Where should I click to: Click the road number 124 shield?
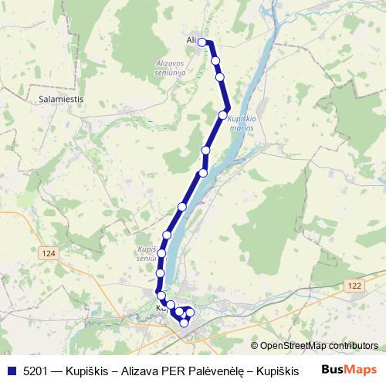[50, 252]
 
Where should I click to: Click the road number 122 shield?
[354, 286]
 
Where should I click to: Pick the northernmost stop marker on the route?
[203, 42]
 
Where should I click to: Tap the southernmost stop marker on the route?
[184, 323]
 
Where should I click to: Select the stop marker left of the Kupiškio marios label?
[223, 115]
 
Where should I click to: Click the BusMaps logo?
[350, 370]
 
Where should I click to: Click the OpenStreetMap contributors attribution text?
[319, 346]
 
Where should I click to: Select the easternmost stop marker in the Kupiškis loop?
[190, 312]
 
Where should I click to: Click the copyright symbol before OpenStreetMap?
[254, 346]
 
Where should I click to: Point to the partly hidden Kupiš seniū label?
[147, 254]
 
